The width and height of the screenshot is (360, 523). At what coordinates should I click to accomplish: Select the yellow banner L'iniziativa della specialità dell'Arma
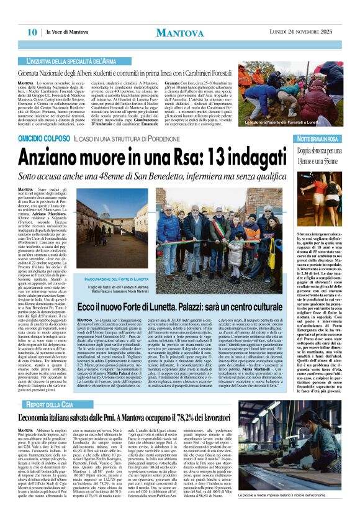coord(78,61)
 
